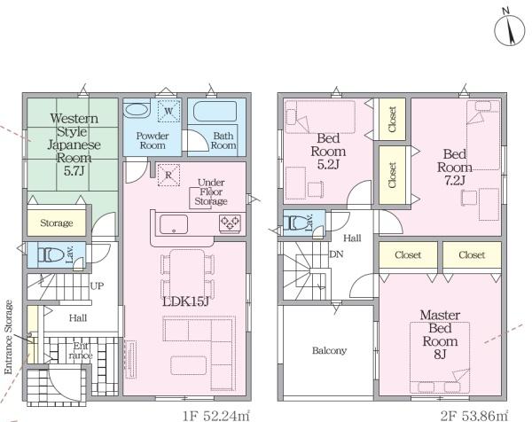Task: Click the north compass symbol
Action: pyautogui.click(x=510, y=30)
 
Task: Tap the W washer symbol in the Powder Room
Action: pyautogui.click(x=168, y=111)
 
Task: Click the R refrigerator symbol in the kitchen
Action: pyautogui.click(x=168, y=175)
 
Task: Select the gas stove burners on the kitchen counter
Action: pyautogui.click(x=230, y=223)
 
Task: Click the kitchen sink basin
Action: pyautogui.click(x=174, y=224)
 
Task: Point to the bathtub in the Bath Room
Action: pyautogui.click(x=215, y=110)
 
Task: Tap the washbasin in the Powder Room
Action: pyautogui.click(x=136, y=110)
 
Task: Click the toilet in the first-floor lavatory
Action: pyautogui.click(x=51, y=254)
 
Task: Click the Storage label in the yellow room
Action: pyautogui.click(x=57, y=223)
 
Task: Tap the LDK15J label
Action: pyautogui.click(x=185, y=301)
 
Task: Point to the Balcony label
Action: pyautogui.click(x=329, y=350)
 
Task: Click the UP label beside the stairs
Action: pyautogui.click(x=97, y=286)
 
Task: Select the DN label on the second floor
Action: pyautogui.click(x=336, y=254)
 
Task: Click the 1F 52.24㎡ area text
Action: pyautogui.click(x=216, y=416)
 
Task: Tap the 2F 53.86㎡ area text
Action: pyautogui.click(x=474, y=415)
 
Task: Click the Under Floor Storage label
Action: pyautogui.click(x=211, y=192)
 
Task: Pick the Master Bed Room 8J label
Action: pyautogui.click(x=440, y=334)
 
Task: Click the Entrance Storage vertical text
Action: pyautogui.click(x=9, y=337)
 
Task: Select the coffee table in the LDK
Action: pyautogui.click(x=188, y=365)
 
